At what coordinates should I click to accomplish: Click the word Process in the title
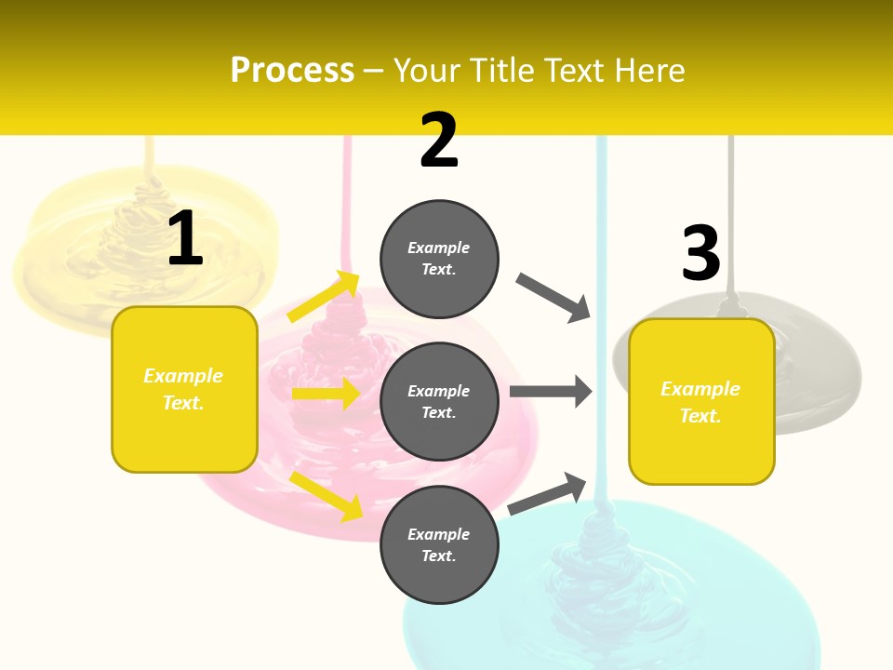click(292, 71)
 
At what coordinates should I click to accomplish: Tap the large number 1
click(185, 239)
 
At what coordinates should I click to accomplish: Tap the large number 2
click(439, 141)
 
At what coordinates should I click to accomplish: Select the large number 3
click(700, 253)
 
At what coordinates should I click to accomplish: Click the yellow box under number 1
click(184, 389)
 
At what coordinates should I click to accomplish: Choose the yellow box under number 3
click(701, 402)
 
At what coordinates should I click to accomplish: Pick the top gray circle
click(439, 259)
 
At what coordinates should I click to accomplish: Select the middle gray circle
click(439, 401)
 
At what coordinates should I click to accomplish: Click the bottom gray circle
click(439, 544)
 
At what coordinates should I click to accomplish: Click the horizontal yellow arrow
click(326, 394)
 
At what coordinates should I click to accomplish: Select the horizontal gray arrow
click(551, 391)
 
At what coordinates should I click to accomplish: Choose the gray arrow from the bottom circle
click(548, 493)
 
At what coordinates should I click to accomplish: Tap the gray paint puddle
click(819, 372)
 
